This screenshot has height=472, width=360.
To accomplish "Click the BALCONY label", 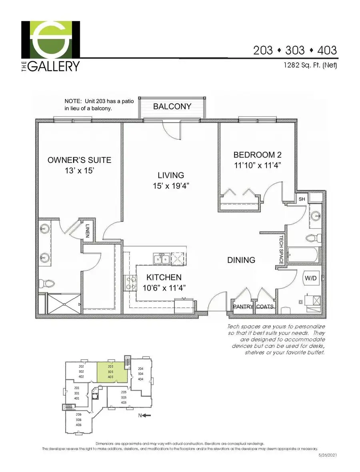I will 172,107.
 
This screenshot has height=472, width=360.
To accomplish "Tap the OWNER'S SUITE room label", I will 79,160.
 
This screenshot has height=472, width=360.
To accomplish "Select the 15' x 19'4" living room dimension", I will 170,186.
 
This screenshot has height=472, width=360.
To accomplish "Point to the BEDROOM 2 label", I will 254,155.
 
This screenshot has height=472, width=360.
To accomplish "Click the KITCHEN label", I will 164,277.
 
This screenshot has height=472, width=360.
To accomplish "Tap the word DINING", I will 241,260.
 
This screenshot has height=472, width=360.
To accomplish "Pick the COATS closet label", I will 264,307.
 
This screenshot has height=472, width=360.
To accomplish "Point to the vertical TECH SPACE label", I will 281,250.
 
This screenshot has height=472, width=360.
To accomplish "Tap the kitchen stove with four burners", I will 131,283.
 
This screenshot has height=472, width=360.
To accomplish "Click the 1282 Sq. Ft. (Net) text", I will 308,65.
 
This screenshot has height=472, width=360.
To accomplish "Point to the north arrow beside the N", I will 146,416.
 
